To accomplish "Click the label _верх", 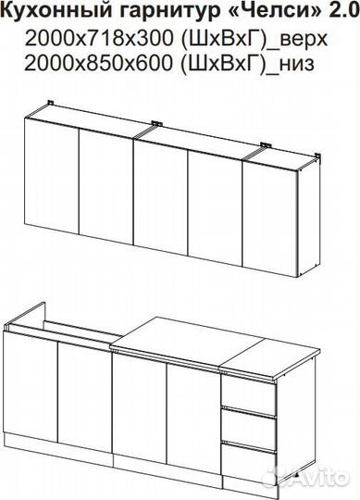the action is point(301,40).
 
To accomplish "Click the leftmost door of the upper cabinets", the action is point(52,176).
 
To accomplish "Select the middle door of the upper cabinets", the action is point(160,198).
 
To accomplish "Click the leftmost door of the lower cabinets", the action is point(31,387).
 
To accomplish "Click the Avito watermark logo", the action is point(305,478).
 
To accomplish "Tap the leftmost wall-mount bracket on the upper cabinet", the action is point(51,103).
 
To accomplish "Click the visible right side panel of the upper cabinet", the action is point(309,218).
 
